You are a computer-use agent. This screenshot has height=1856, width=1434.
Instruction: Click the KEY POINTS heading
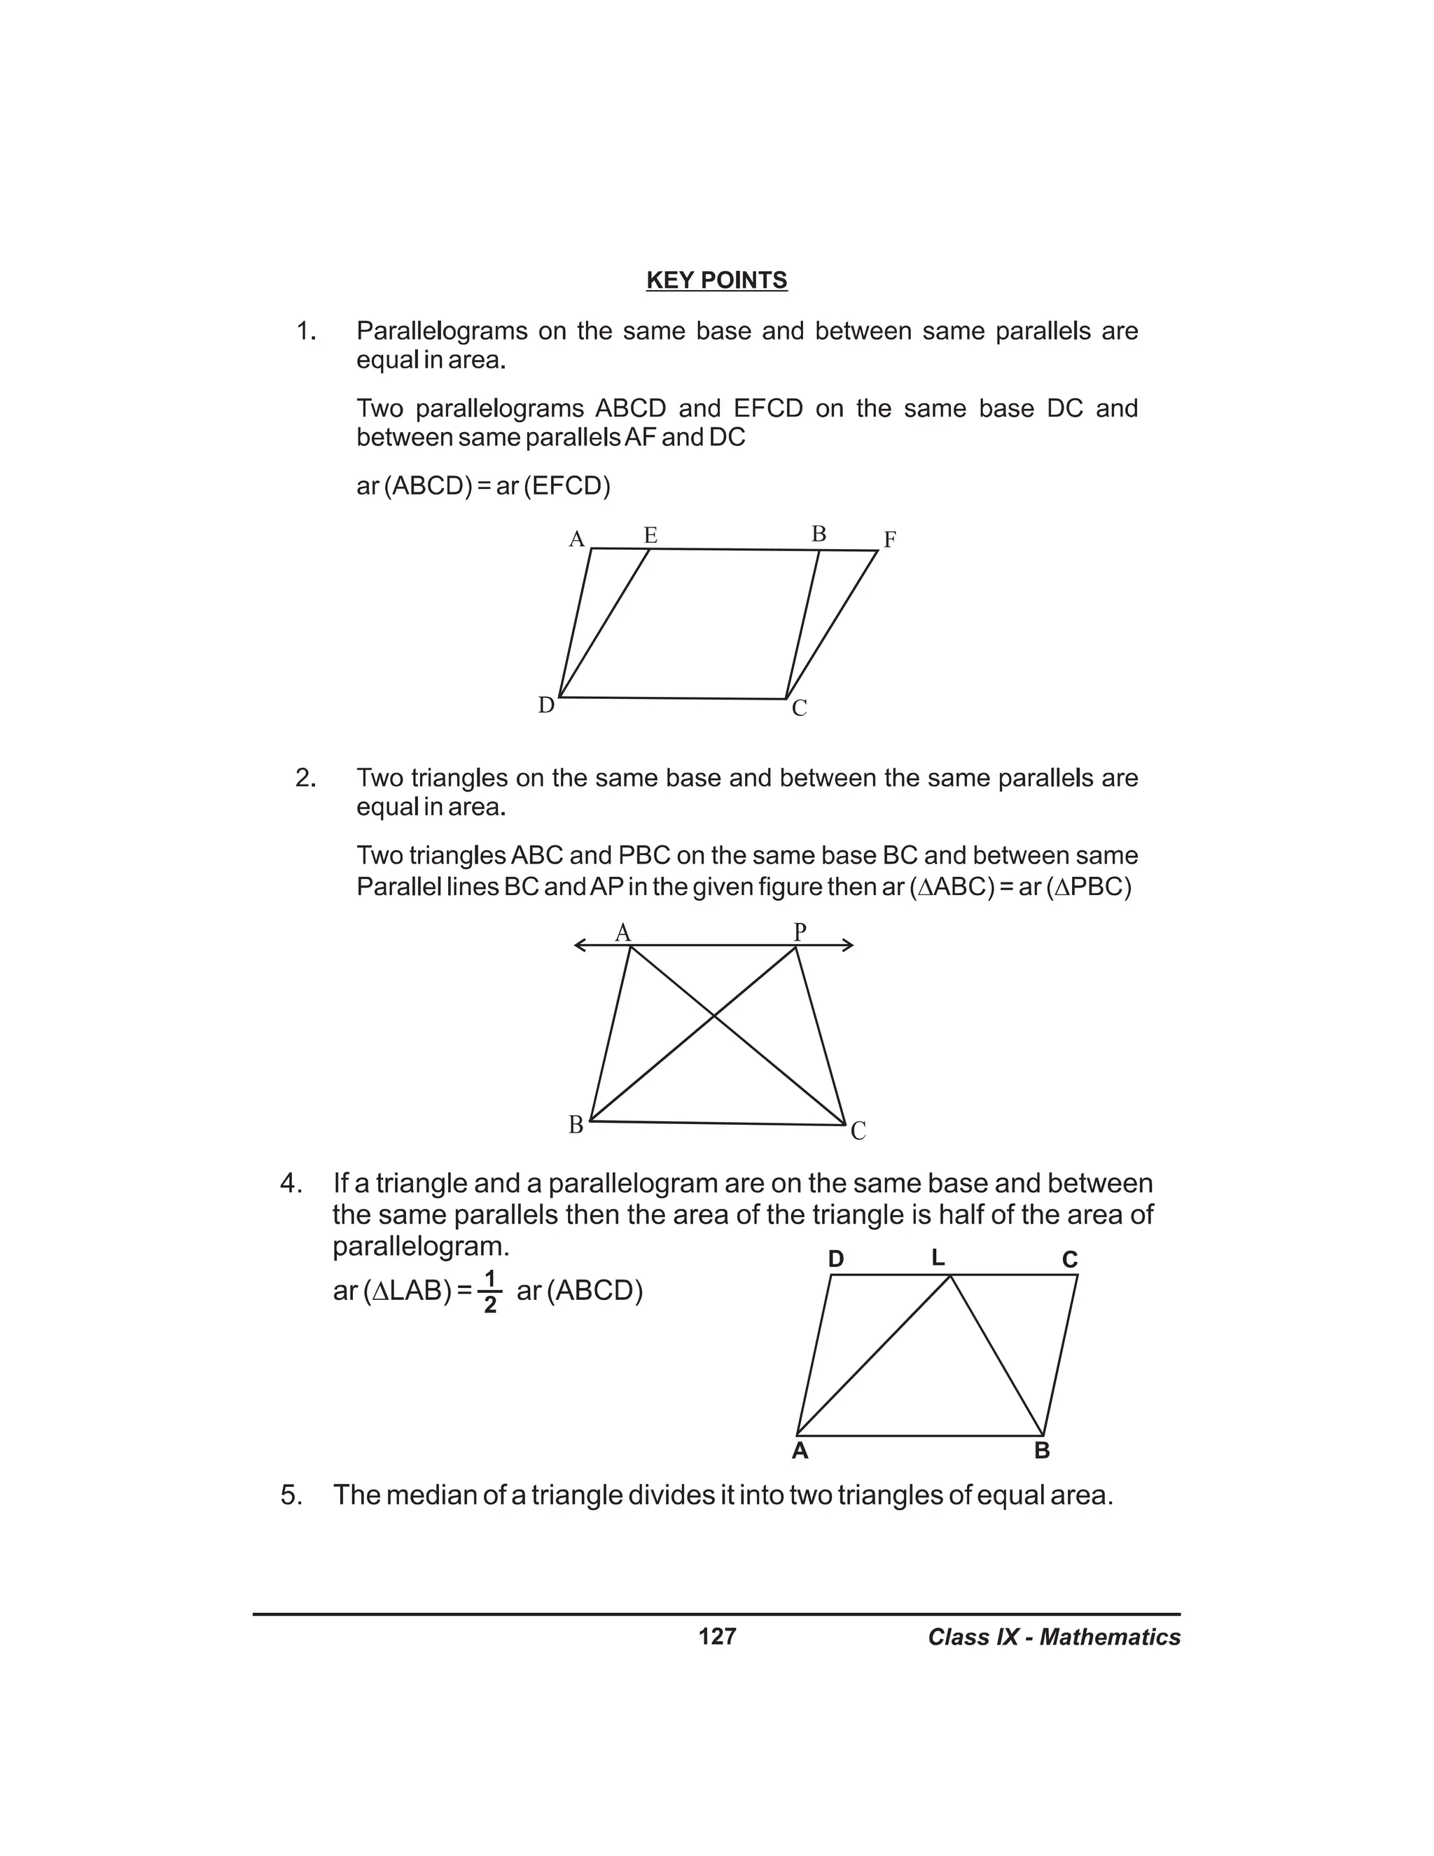(x=716, y=280)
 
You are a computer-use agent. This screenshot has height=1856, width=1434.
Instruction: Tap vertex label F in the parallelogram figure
(x=889, y=539)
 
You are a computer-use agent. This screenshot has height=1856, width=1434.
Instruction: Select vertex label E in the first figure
(x=650, y=535)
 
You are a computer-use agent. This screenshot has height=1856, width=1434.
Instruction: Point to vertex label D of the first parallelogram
(x=546, y=705)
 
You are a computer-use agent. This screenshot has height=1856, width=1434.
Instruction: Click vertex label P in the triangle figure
(x=800, y=932)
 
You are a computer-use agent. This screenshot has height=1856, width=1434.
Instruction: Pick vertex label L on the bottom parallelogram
(x=938, y=1258)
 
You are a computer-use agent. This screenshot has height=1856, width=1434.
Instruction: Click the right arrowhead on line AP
(x=848, y=945)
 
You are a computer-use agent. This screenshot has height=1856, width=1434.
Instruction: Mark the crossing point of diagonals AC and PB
(x=713, y=1016)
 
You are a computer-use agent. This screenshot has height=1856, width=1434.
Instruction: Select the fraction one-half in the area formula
(x=489, y=1291)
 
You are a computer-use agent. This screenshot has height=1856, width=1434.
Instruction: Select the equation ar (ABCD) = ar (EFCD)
(x=483, y=486)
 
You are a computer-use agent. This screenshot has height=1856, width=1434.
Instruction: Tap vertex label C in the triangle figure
(x=858, y=1131)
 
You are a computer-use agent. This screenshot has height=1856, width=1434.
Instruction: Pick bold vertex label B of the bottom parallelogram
(x=1043, y=1450)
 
